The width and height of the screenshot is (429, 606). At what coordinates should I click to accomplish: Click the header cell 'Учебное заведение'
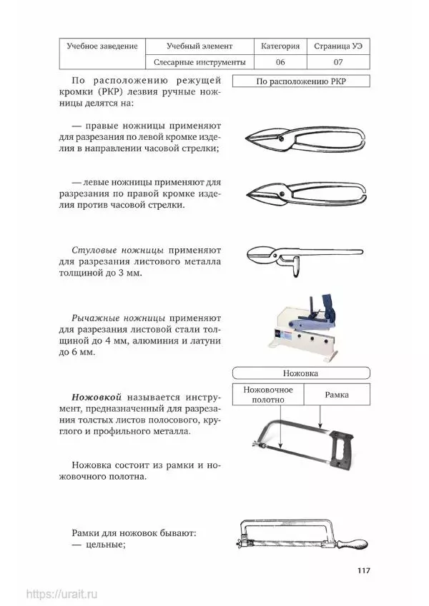[x=102, y=46]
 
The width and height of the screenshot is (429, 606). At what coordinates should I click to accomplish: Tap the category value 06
[x=280, y=62]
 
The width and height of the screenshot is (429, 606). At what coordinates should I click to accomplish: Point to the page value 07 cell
[x=338, y=62]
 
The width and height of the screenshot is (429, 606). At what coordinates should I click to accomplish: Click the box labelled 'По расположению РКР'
[x=301, y=81]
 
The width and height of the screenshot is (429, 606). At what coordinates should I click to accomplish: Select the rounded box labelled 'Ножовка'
[x=300, y=373]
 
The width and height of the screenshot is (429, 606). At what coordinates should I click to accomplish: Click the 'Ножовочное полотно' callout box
[x=269, y=395]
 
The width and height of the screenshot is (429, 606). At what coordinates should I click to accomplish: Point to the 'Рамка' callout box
[x=337, y=395]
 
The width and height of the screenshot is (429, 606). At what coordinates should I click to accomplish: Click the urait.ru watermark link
[x=61, y=593]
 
